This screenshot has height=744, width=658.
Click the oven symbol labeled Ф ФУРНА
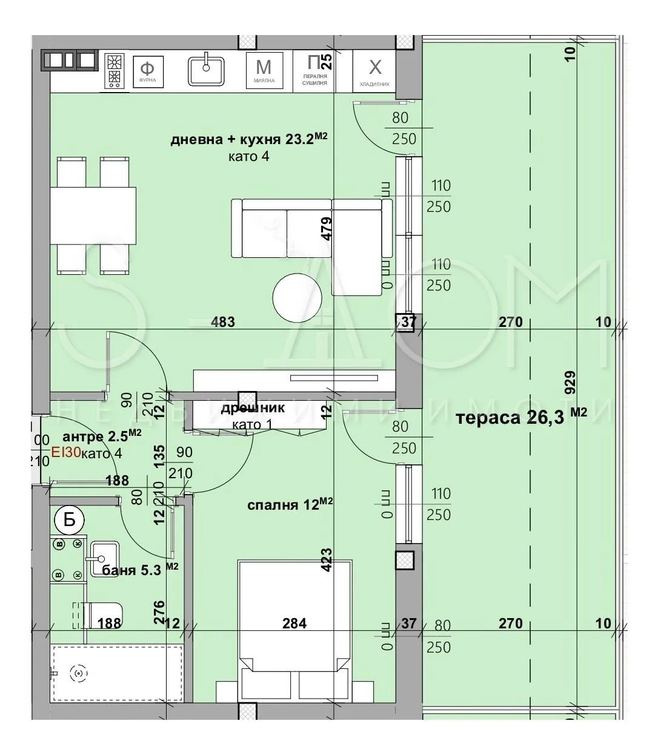tap(147, 70)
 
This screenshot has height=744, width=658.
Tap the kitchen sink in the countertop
tap(206, 70)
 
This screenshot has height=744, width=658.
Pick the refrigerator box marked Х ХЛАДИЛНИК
tap(375, 70)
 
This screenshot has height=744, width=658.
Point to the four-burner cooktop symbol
tap(113, 70)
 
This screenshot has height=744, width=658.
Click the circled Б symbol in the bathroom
tap(69, 519)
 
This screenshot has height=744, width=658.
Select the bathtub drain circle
tap(78, 673)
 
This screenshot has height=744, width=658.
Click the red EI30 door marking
tap(65, 452)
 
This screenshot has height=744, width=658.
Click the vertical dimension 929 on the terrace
tap(570, 383)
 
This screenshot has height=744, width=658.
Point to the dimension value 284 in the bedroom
tap(294, 623)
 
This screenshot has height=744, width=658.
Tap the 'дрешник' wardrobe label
tap(252, 409)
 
